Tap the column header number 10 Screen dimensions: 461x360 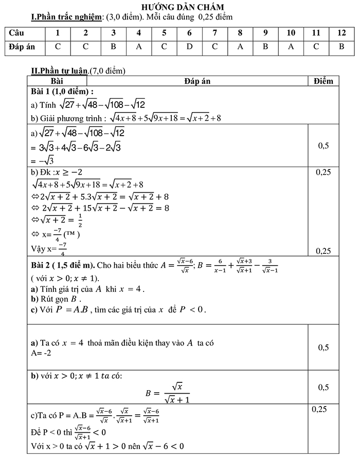[291, 33]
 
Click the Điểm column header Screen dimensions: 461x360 [323, 81]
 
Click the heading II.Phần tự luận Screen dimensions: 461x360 [60, 71]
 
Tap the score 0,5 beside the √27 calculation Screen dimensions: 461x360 [323, 146]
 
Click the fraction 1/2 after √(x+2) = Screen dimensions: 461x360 [80, 220]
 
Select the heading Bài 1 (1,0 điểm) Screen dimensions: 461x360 [62, 91]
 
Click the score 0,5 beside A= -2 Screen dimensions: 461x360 [323, 348]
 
